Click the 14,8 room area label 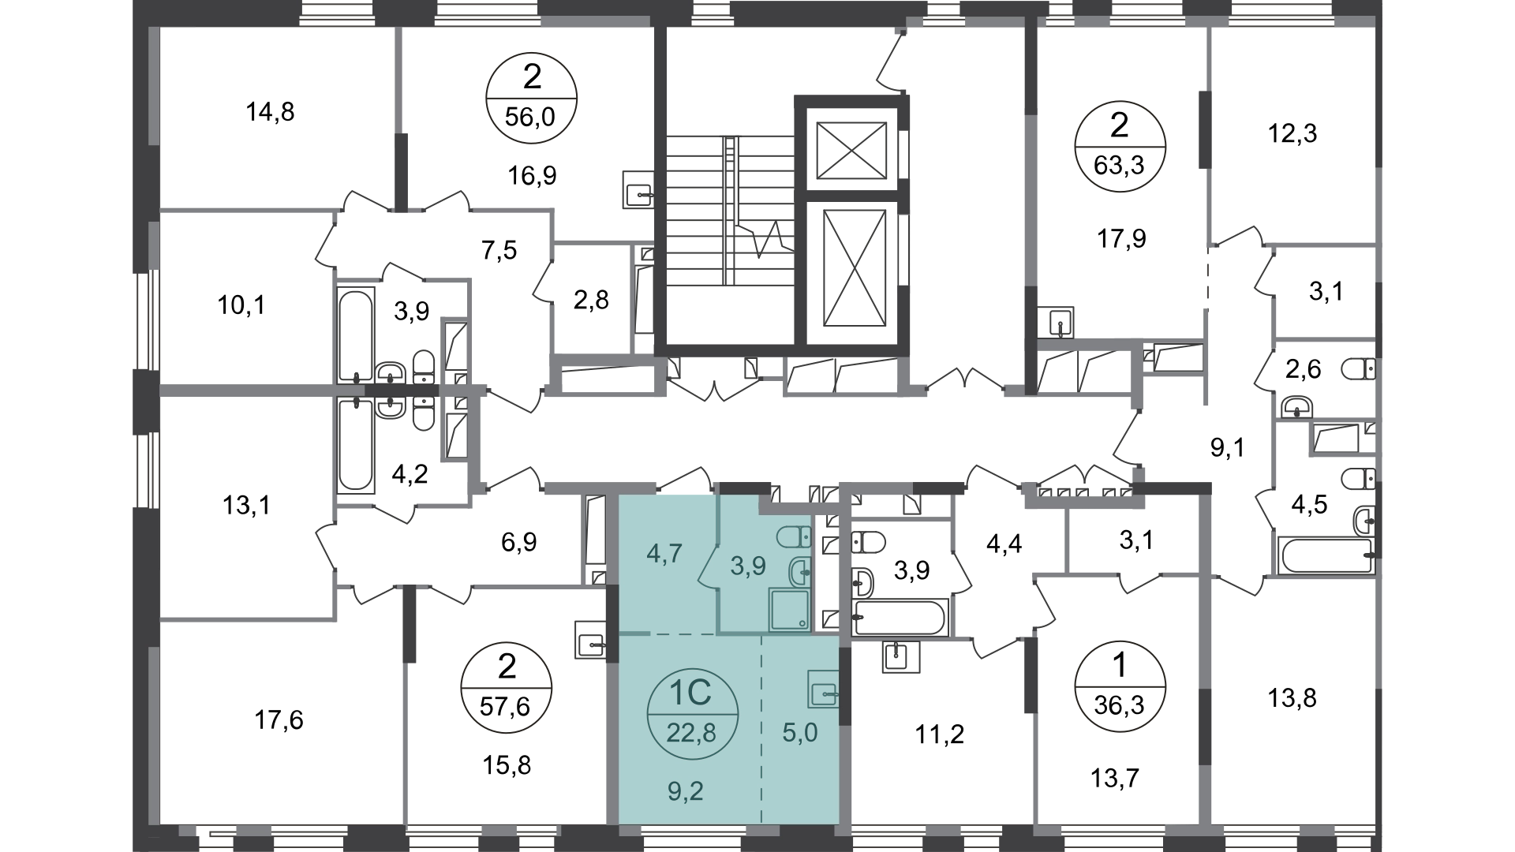point(270,112)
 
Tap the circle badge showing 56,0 point(533,98)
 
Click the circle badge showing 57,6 point(507,686)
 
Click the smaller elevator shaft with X point(852,150)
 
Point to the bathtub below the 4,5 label point(1326,557)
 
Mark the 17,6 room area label point(279,720)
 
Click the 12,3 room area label point(1292,133)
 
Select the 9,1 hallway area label point(1227,449)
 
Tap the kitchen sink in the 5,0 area point(823,692)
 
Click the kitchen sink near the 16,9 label point(638,190)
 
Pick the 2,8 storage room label point(591,301)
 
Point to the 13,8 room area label point(1292,697)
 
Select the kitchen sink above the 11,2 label point(900,656)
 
